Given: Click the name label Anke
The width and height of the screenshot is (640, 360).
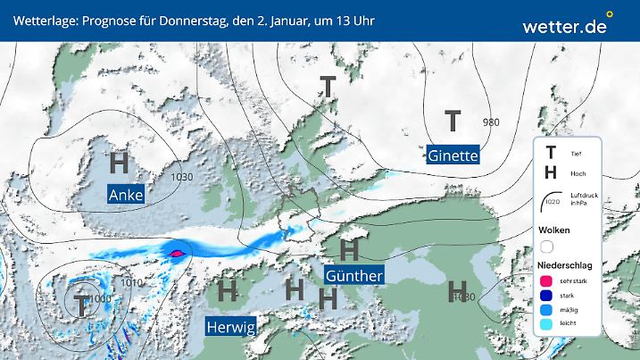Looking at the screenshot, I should (x=125, y=195).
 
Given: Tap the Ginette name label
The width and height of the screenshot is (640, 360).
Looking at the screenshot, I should (x=453, y=155).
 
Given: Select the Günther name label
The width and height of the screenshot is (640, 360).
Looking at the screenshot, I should (x=354, y=275).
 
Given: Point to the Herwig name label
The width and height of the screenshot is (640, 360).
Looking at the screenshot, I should (x=231, y=328).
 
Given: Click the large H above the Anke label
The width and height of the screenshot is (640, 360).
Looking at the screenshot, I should (x=119, y=163).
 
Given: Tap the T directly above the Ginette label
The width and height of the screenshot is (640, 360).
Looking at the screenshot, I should (x=453, y=120).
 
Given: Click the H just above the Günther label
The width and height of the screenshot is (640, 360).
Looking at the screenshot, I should (x=349, y=246).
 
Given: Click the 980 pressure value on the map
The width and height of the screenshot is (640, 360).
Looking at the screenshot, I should (x=491, y=122).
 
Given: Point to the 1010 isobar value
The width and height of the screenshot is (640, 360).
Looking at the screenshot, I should (x=132, y=282).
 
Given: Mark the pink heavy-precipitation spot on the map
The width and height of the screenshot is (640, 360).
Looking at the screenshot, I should (x=177, y=254).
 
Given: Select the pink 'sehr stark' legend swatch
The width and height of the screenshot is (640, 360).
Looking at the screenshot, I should (x=546, y=280).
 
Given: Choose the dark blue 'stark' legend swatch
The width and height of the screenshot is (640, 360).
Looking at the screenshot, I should (x=546, y=296).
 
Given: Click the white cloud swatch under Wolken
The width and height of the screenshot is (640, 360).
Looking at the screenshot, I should (x=546, y=246).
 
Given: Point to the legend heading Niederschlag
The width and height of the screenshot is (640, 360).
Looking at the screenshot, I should (x=564, y=264).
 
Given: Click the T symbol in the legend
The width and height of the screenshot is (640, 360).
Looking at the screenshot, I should (x=550, y=154).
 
